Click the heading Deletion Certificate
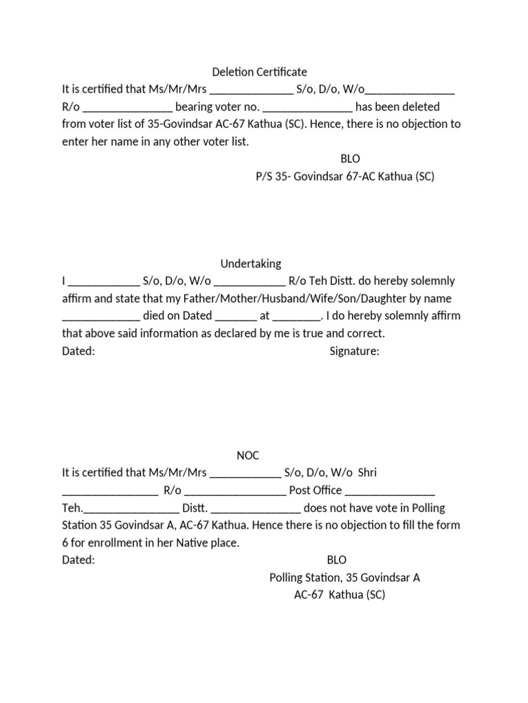tap(258, 72)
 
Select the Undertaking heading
tap(251, 264)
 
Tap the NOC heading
tap(248, 455)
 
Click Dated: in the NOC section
tap(78, 560)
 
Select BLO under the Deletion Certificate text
tap(350, 159)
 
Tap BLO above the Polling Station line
tap(337, 560)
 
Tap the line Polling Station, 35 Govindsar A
tap(344, 577)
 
